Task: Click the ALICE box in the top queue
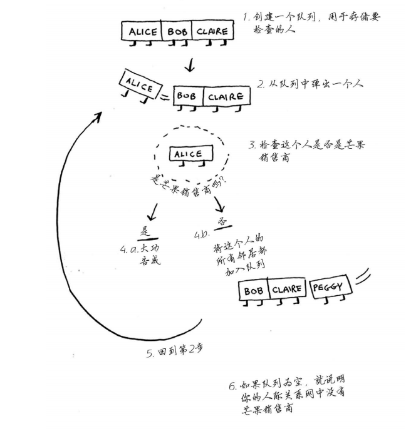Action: pyautogui.click(x=142, y=31)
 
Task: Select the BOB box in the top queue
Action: pyautogui.click(x=177, y=31)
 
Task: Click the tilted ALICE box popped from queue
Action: pyautogui.click(x=139, y=86)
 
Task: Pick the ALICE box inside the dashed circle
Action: pyautogui.click(x=187, y=154)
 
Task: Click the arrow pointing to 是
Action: pyautogui.click(x=153, y=209)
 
